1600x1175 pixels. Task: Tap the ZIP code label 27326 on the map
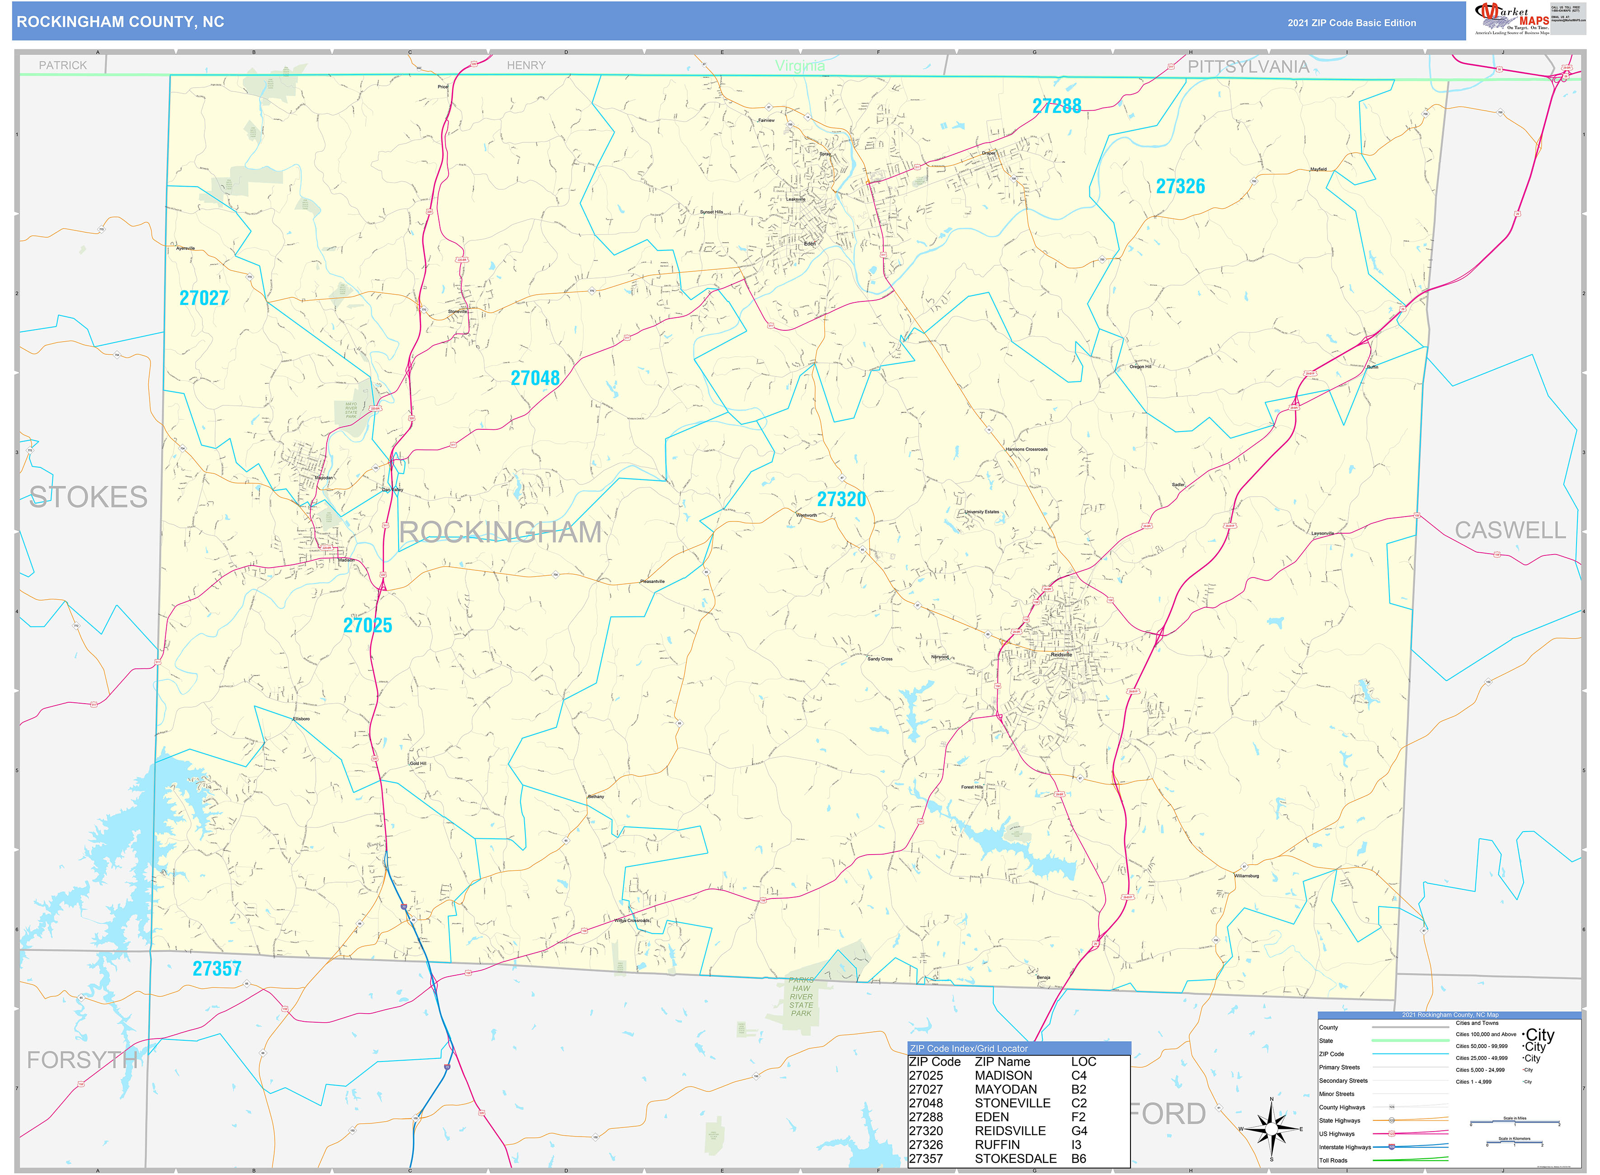[1180, 186]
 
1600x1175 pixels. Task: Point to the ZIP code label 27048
[535, 378]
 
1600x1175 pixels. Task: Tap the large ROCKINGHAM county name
[500, 532]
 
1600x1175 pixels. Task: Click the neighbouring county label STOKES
[89, 497]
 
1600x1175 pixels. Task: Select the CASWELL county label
[1510, 530]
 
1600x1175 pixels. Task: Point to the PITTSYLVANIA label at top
[1248, 67]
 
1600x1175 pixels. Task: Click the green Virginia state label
[799, 66]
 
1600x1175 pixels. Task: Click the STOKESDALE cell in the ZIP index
[1015, 1158]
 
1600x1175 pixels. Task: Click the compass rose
[1272, 1129]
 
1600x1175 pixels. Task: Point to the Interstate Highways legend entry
[1344, 1147]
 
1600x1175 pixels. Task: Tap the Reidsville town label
[1060, 654]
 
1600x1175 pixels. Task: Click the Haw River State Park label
[801, 996]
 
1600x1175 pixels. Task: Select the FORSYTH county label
[82, 1060]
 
